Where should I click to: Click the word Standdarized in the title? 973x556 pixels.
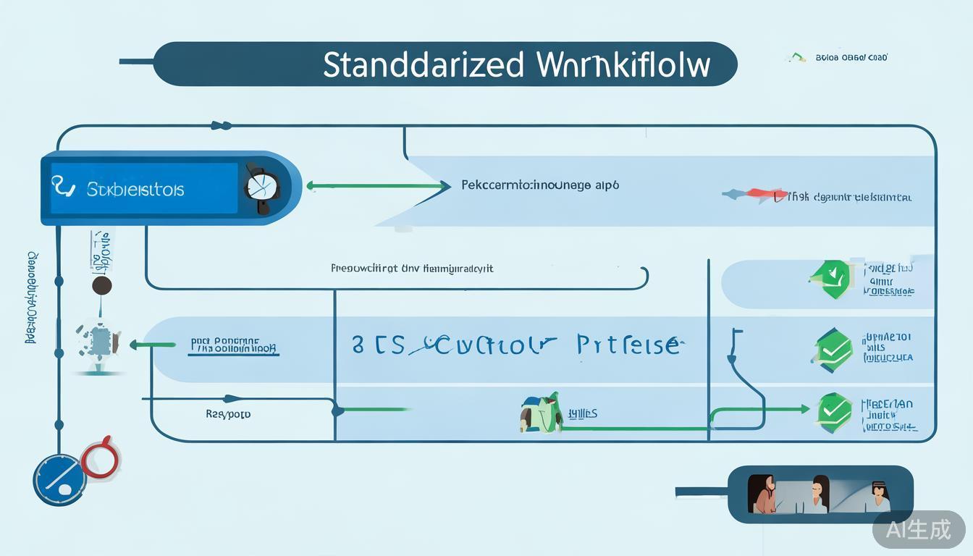tap(423, 65)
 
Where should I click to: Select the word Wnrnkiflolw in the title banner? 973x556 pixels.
tap(624, 65)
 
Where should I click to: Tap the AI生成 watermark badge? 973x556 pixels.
tap(919, 529)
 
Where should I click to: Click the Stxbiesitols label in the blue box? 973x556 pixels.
tap(135, 190)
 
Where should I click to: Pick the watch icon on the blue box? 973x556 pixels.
tap(261, 188)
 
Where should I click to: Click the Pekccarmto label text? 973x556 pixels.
tap(539, 185)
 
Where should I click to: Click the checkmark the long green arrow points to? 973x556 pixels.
tap(834, 410)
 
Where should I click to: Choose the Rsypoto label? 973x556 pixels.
tap(228, 415)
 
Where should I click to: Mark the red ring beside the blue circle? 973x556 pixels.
tap(100, 458)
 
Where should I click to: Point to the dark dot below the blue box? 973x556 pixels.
tap(102, 285)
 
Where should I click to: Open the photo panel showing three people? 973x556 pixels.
tap(820, 494)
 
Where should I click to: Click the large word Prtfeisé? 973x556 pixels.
tap(628, 345)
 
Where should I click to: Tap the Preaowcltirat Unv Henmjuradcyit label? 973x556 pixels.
tap(412, 269)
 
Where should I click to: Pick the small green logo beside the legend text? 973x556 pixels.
tap(796, 57)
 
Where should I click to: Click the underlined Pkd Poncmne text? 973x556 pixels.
tap(234, 346)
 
